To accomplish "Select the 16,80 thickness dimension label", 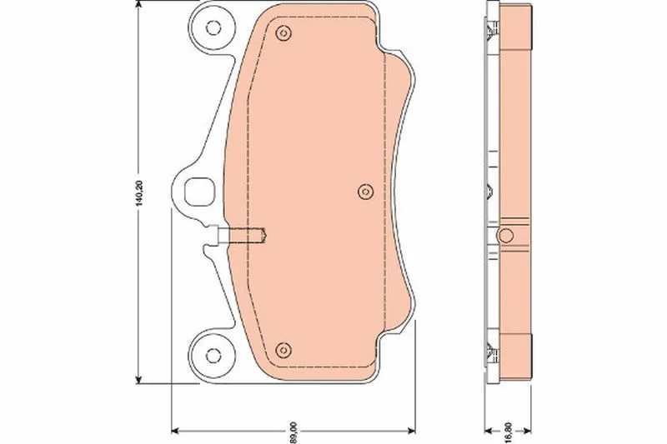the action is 511,432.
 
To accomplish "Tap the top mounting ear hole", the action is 213,28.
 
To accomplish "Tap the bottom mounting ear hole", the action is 213,355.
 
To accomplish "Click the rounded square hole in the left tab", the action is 198,192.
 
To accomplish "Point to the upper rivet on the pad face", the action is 283,33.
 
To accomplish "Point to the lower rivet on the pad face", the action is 283,350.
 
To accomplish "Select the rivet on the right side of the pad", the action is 366,192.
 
